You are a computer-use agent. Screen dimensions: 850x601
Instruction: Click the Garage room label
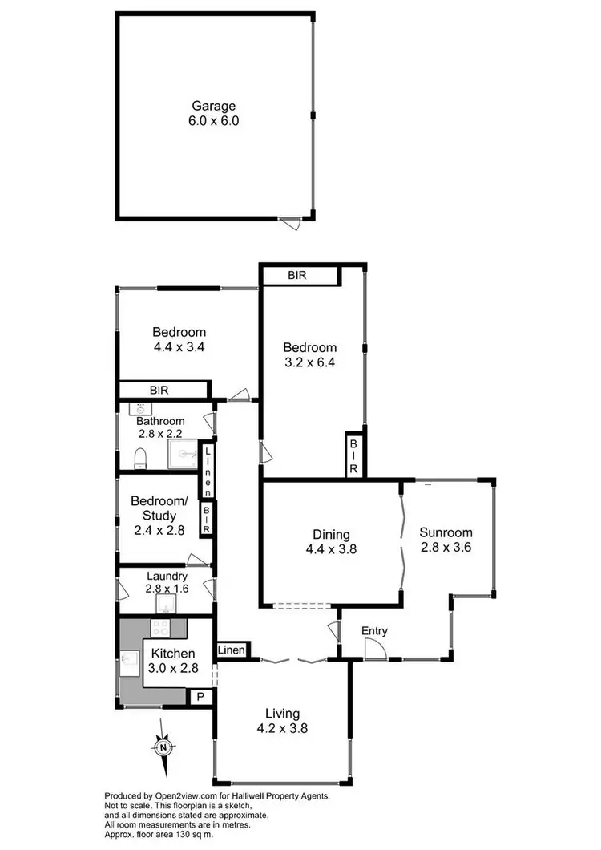point(215,106)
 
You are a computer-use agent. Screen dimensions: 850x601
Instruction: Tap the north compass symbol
point(163,747)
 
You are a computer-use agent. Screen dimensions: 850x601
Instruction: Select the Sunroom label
point(446,532)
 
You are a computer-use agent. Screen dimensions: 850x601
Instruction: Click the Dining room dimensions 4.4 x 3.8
point(330,550)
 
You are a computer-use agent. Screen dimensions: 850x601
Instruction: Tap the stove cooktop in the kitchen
point(160,628)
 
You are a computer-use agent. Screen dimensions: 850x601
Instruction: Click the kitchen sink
point(129,662)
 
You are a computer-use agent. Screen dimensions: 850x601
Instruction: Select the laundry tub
point(167,602)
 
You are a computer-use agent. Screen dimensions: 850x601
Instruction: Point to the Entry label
point(374,632)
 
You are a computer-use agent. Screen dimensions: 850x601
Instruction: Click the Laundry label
point(167,576)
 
